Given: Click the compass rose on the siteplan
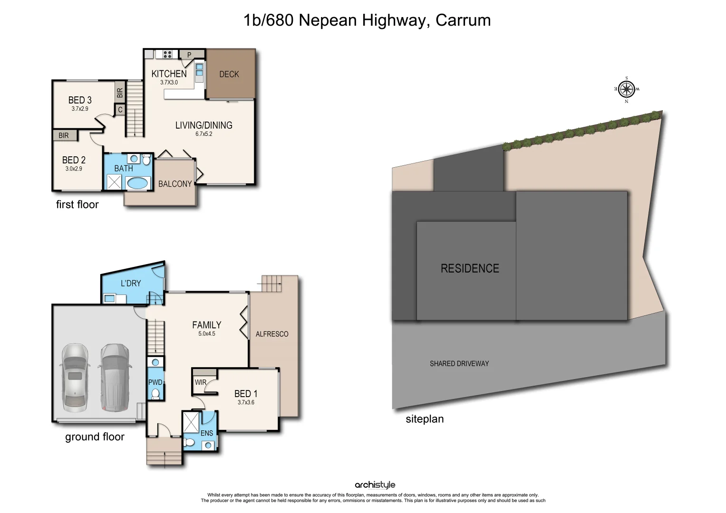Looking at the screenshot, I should click(x=627, y=89).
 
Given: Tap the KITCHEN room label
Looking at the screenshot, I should click(x=169, y=74).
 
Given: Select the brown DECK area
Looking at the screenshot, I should click(x=230, y=74).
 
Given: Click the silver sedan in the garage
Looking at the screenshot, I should click(x=75, y=378).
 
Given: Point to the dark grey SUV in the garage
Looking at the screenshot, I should click(x=114, y=378).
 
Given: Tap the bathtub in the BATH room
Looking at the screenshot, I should click(x=138, y=183).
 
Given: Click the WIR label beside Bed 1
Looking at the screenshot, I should click(x=201, y=382).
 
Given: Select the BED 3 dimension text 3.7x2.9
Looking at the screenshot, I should click(x=80, y=109).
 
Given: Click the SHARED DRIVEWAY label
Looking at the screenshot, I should click(x=459, y=363).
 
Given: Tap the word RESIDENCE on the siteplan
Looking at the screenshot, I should click(x=470, y=268).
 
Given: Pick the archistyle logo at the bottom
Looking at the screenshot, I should click(x=375, y=485).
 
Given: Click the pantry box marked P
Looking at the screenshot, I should click(x=189, y=55).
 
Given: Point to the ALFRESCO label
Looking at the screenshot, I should click(x=272, y=334).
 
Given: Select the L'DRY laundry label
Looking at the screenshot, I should click(x=131, y=283).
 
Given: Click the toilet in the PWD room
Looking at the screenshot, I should click(x=155, y=394).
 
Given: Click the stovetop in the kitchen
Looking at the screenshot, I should click(x=167, y=54).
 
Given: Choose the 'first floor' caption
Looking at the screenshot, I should click(x=77, y=204).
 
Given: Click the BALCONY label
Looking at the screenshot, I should click(x=175, y=184).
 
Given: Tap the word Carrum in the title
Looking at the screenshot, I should click(x=463, y=20).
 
